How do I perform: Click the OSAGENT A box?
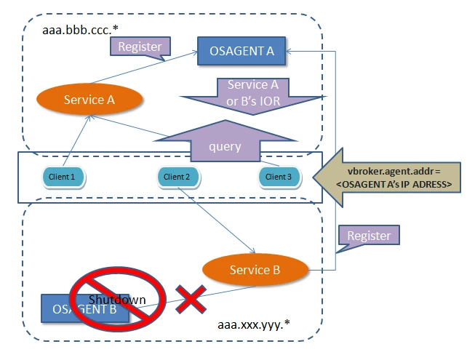(x=242, y=50)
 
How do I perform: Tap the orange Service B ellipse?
(x=255, y=270)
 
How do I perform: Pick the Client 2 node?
(x=177, y=176)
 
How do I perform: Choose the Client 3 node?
(x=279, y=176)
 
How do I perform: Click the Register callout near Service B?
(x=368, y=236)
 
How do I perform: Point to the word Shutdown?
(x=117, y=300)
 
